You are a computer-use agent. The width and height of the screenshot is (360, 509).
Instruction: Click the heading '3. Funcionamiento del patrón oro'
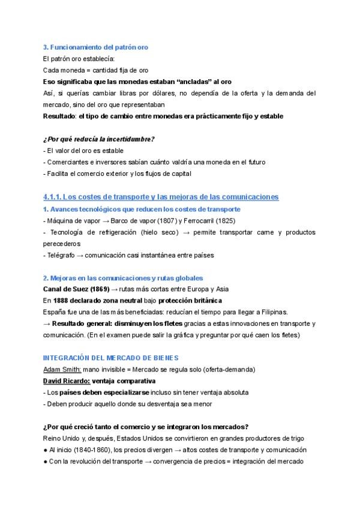(x=96, y=47)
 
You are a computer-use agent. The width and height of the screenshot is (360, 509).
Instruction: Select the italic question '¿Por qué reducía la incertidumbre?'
(x=99, y=139)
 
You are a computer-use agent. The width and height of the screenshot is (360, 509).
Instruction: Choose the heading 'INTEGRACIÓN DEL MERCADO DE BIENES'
(x=111, y=358)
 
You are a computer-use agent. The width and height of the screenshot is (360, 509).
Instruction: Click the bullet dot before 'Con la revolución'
(x=46, y=461)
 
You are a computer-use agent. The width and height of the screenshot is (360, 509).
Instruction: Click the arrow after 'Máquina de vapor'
(x=106, y=220)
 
